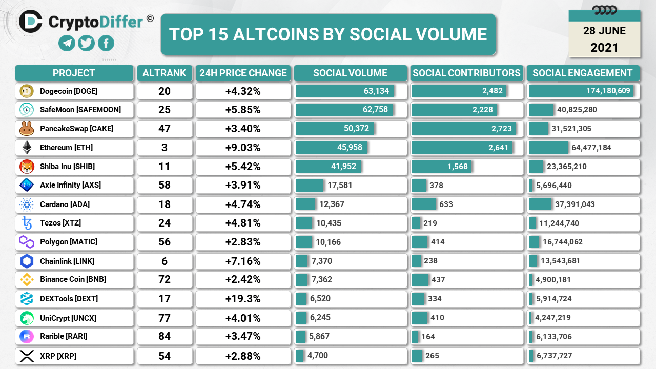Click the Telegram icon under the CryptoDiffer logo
coord(67,43)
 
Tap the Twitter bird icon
coord(86,43)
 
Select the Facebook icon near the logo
coord(106,43)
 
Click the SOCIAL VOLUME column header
coord(350,73)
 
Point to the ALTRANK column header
coord(164,73)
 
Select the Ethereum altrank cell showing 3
coord(164,148)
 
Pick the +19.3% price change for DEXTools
coord(243,299)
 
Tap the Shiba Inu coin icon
coord(27,167)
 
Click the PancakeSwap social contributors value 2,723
coord(501,129)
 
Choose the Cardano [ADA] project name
coord(65,204)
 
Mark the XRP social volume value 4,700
coord(318,355)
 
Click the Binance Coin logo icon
coord(27,280)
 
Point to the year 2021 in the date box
coord(604,48)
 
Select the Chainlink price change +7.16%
coord(243,261)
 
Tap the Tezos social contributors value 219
coord(430,223)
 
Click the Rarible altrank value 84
coord(164,337)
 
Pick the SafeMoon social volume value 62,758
coord(375,110)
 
